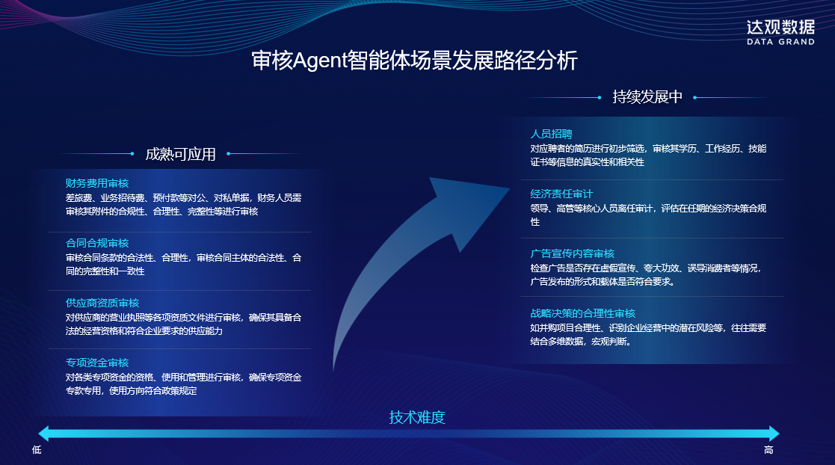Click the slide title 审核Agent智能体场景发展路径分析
coord(415,61)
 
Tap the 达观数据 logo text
coord(780,27)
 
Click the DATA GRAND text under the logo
coord(780,43)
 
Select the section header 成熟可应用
coord(180,154)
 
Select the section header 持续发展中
coord(647,97)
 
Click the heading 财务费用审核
coord(97,183)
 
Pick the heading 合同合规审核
coord(97,243)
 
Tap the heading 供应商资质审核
coord(102,303)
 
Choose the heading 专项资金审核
coord(97,363)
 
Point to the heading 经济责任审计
coord(562,194)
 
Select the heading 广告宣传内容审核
coord(573,253)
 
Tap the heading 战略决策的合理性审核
coord(583,313)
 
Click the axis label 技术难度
coord(417,417)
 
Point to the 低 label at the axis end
coord(37,450)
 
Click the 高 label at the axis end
coord(768,450)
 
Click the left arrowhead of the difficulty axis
coord(44,434)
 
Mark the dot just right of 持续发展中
coord(694,97)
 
